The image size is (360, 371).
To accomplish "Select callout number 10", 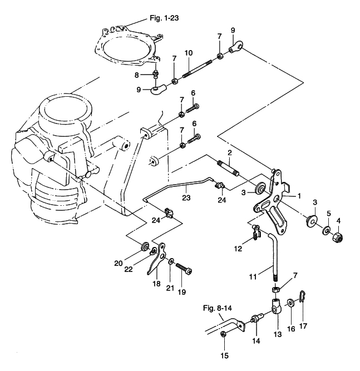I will (x=189, y=53).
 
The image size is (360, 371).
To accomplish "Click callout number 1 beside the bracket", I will (x=298, y=196).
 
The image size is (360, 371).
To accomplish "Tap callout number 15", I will (x=225, y=355).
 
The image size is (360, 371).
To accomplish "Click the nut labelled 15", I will (x=223, y=334).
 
